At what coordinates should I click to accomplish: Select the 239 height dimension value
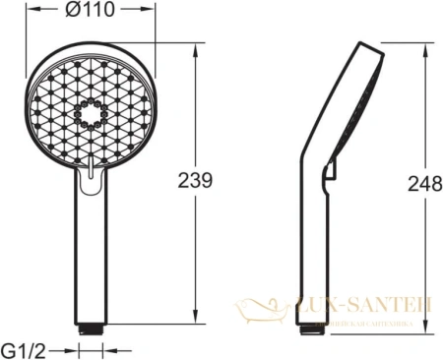(x=197, y=180)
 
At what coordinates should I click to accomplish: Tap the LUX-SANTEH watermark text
(x=364, y=306)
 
